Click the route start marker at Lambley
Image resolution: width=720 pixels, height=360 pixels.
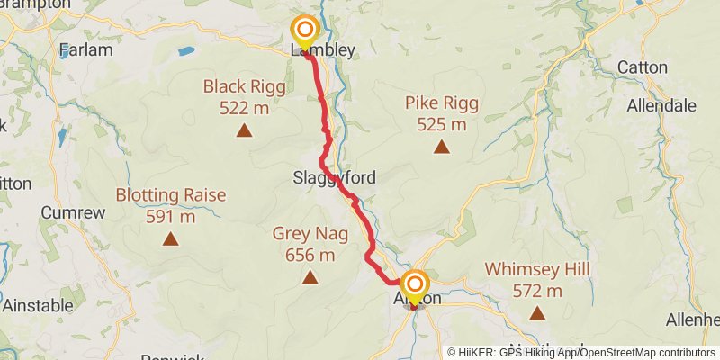click(x=305, y=31)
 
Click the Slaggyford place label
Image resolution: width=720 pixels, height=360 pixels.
click(x=334, y=178)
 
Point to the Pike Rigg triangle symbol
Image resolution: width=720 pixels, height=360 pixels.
click(x=442, y=147)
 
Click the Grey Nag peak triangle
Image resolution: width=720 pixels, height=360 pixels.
click(x=310, y=278)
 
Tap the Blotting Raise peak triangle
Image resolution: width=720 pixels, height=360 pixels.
click(x=170, y=239)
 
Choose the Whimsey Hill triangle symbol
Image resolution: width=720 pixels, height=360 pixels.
click(x=537, y=313)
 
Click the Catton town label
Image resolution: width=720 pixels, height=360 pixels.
click(x=643, y=67)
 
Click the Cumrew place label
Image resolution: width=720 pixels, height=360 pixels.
click(x=74, y=213)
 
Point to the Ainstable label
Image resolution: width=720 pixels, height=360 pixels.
click(x=38, y=306)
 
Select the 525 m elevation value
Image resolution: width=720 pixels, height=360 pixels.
click(x=442, y=124)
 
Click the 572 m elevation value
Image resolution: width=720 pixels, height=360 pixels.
click(x=537, y=291)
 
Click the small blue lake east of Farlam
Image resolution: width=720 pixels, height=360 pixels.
click(x=186, y=52)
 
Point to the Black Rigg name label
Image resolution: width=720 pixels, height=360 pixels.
click(x=244, y=87)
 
